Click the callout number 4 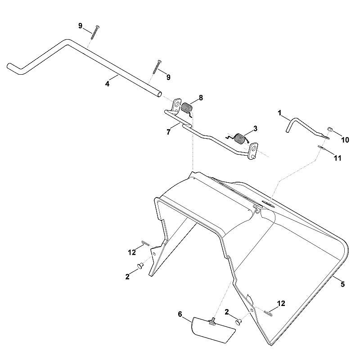pos(107,84)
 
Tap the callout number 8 pos(201,98)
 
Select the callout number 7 pos(169,132)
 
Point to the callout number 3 pos(255,129)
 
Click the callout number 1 pos(279,113)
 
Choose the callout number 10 pos(345,140)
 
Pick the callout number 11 pos(337,158)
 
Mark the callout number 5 pos(342,284)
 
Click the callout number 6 pos(180,314)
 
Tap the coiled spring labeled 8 pos(187,108)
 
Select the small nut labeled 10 pos(329,129)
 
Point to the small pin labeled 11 pos(321,148)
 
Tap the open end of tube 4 pos(159,94)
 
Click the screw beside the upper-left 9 pos(95,32)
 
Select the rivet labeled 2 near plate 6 pos(238,322)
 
